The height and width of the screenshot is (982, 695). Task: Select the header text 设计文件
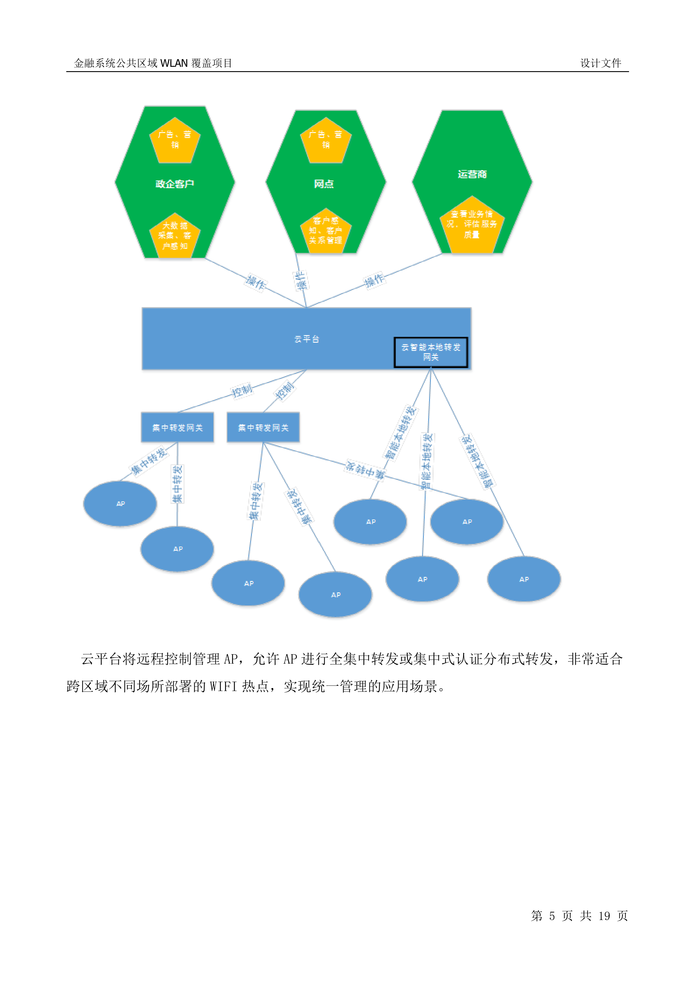(x=600, y=63)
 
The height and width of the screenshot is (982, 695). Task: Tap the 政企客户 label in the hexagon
(x=175, y=184)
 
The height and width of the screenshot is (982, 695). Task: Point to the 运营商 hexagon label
(x=472, y=174)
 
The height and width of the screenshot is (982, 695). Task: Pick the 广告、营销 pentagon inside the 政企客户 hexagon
(x=175, y=140)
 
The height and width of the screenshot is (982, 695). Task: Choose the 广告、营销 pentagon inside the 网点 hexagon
(x=326, y=140)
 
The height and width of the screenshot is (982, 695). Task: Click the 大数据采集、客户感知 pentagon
(x=175, y=236)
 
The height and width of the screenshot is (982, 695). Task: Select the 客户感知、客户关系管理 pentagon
(x=326, y=231)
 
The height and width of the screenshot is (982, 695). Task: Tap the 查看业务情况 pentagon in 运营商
(x=472, y=225)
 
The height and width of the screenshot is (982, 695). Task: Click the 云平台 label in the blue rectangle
(x=306, y=339)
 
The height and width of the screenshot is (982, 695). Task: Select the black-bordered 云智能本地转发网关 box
(x=431, y=352)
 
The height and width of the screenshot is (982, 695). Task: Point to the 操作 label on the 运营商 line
(x=374, y=281)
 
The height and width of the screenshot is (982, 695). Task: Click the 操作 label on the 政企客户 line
(x=256, y=282)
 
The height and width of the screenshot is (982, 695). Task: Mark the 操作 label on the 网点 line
(x=301, y=281)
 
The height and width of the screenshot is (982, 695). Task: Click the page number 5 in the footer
(x=552, y=916)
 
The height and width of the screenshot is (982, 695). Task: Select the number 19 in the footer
(x=604, y=916)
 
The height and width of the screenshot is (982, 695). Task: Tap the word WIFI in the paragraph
(x=223, y=687)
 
